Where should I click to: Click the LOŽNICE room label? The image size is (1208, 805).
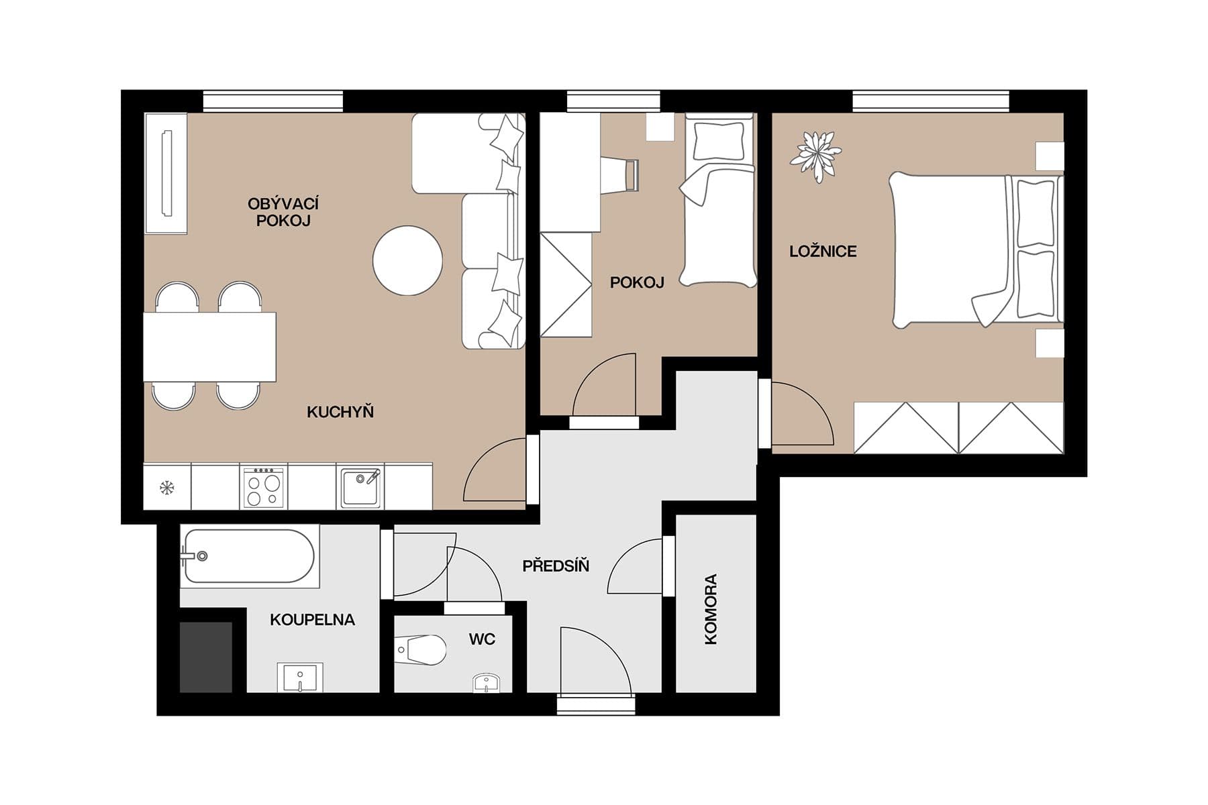pyautogui.click(x=823, y=252)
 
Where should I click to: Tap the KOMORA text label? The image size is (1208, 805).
pyautogui.click(x=711, y=609)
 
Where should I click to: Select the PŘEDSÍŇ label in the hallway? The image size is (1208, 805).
pyautogui.click(x=556, y=566)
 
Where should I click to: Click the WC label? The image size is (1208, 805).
pyautogui.click(x=482, y=639)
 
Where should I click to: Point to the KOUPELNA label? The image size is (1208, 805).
pyautogui.click(x=312, y=620)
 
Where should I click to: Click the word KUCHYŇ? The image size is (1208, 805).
pyautogui.click(x=340, y=412)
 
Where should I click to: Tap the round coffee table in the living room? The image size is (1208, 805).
pyautogui.click(x=407, y=260)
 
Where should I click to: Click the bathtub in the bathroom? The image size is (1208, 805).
pyautogui.click(x=249, y=556)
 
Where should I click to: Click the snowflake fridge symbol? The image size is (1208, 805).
pyautogui.click(x=166, y=488)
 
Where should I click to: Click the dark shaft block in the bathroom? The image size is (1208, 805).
pyautogui.click(x=205, y=657)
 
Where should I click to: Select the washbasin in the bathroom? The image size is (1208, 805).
pyautogui.click(x=300, y=678)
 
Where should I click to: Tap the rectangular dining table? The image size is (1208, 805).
pyautogui.click(x=209, y=347)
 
